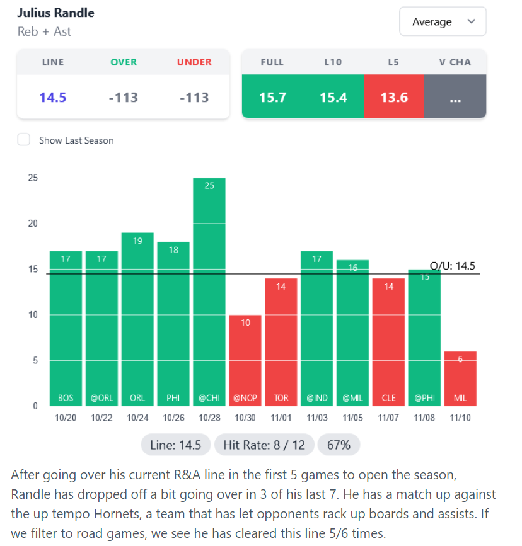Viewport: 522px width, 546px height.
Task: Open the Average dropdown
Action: coord(443,22)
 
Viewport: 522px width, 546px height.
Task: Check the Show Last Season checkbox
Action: coord(24,140)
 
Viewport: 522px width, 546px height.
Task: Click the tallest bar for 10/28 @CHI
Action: coord(209,290)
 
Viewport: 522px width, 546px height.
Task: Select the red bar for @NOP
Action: coord(245,359)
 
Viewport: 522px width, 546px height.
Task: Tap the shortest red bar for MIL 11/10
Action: coord(460,378)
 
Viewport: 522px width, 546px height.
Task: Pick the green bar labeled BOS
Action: coord(66,327)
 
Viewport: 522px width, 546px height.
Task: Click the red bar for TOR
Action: coord(282,340)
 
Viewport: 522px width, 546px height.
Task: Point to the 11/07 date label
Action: coord(389,418)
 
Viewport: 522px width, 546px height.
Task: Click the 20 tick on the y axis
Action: coord(33,224)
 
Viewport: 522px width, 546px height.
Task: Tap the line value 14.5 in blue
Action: coord(53,98)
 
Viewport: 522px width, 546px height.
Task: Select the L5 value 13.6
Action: coord(394,98)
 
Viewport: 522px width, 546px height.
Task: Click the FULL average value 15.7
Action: coord(273,98)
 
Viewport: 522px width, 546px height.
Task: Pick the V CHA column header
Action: coord(455,62)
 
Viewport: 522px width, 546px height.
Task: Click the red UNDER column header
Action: coord(194,62)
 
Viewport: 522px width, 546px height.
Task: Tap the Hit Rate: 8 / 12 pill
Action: coord(264,445)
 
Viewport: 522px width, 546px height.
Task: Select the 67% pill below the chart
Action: coord(339,445)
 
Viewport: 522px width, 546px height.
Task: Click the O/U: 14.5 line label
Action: coord(452,266)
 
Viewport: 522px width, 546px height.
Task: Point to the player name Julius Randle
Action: coord(56,13)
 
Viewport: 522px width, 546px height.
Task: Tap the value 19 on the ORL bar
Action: coord(137,241)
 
